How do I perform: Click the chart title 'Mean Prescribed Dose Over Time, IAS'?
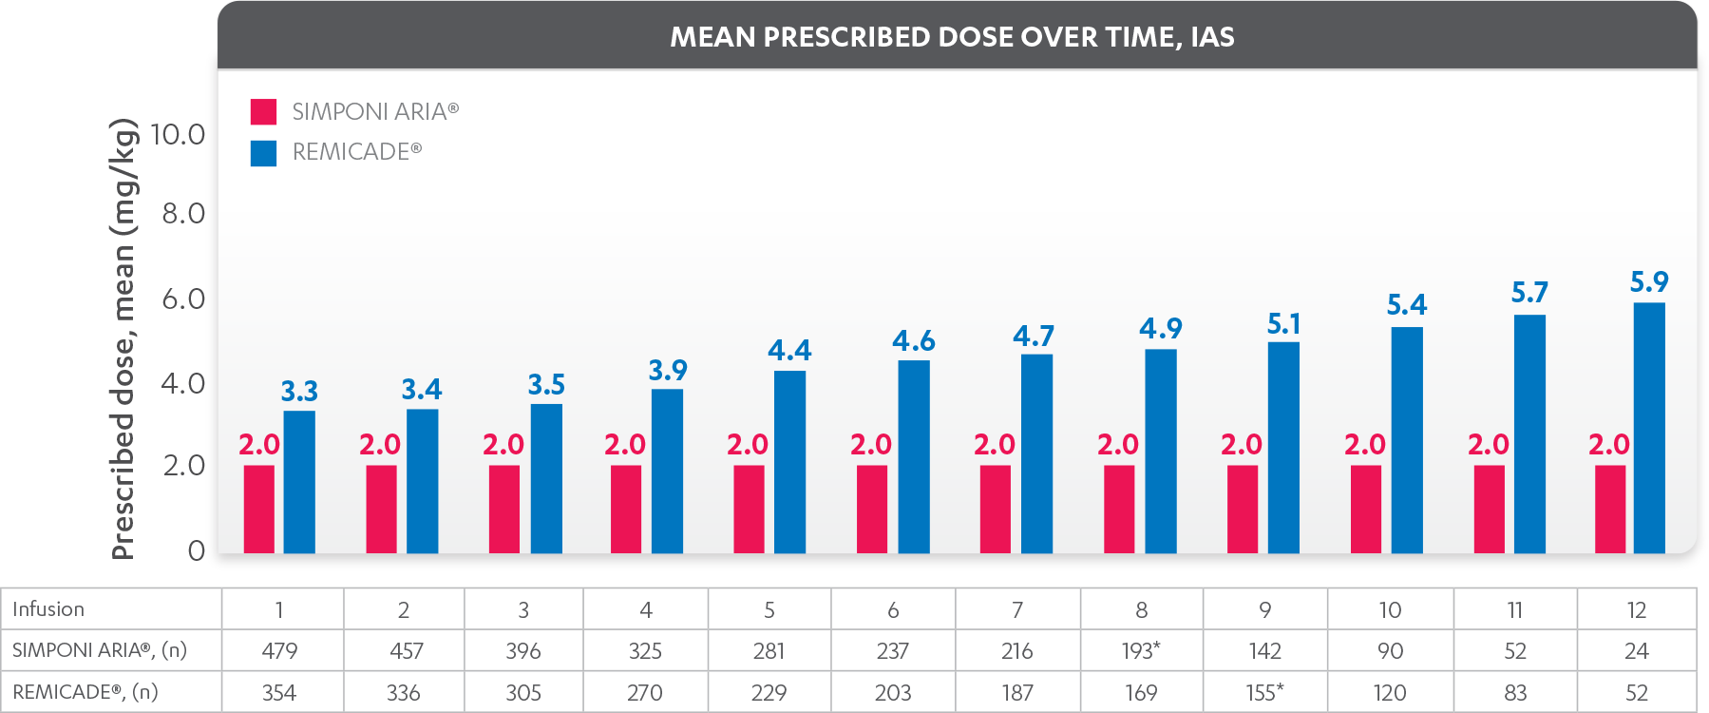[952, 37]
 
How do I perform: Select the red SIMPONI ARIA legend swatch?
[263, 111]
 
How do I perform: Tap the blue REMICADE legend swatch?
[263, 153]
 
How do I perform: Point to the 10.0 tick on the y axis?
[178, 135]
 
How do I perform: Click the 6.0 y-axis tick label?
[183, 299]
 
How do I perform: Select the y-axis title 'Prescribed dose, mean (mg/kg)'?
[123, 339]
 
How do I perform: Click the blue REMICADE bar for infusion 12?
[1649, 428]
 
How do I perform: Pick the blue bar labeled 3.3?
[299, 482]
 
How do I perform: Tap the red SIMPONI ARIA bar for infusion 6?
[872, 510]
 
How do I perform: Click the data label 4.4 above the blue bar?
[789, 351]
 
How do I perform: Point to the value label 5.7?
[1529, 293]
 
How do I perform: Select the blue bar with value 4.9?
[1161, 452]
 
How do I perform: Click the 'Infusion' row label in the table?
[48, 609]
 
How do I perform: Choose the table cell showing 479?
[279, 651]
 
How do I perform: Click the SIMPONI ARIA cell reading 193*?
[1140, 651]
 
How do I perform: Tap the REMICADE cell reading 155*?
[1264, 692]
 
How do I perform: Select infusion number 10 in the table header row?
[1390, 610]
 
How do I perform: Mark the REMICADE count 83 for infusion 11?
[1515, 692]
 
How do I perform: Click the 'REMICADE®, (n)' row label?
[85, 692]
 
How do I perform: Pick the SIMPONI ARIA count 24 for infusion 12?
[1637, 651]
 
